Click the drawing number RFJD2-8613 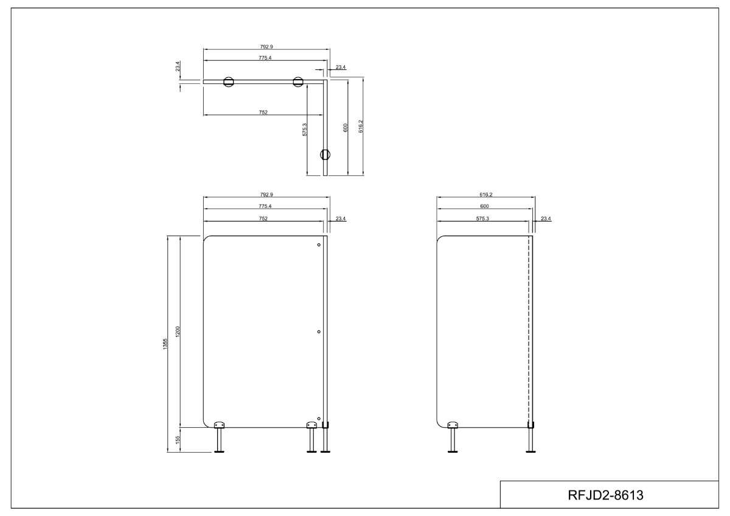point(605,495)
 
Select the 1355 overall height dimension point(165,344)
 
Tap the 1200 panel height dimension point(178,332)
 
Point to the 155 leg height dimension point(178,440)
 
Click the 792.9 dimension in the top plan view point(266,47)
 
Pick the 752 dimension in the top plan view point(263,113)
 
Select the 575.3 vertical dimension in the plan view point(305,130)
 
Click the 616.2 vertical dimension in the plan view point(361,127)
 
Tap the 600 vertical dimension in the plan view point(346,128)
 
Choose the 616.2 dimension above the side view point(486,195)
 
